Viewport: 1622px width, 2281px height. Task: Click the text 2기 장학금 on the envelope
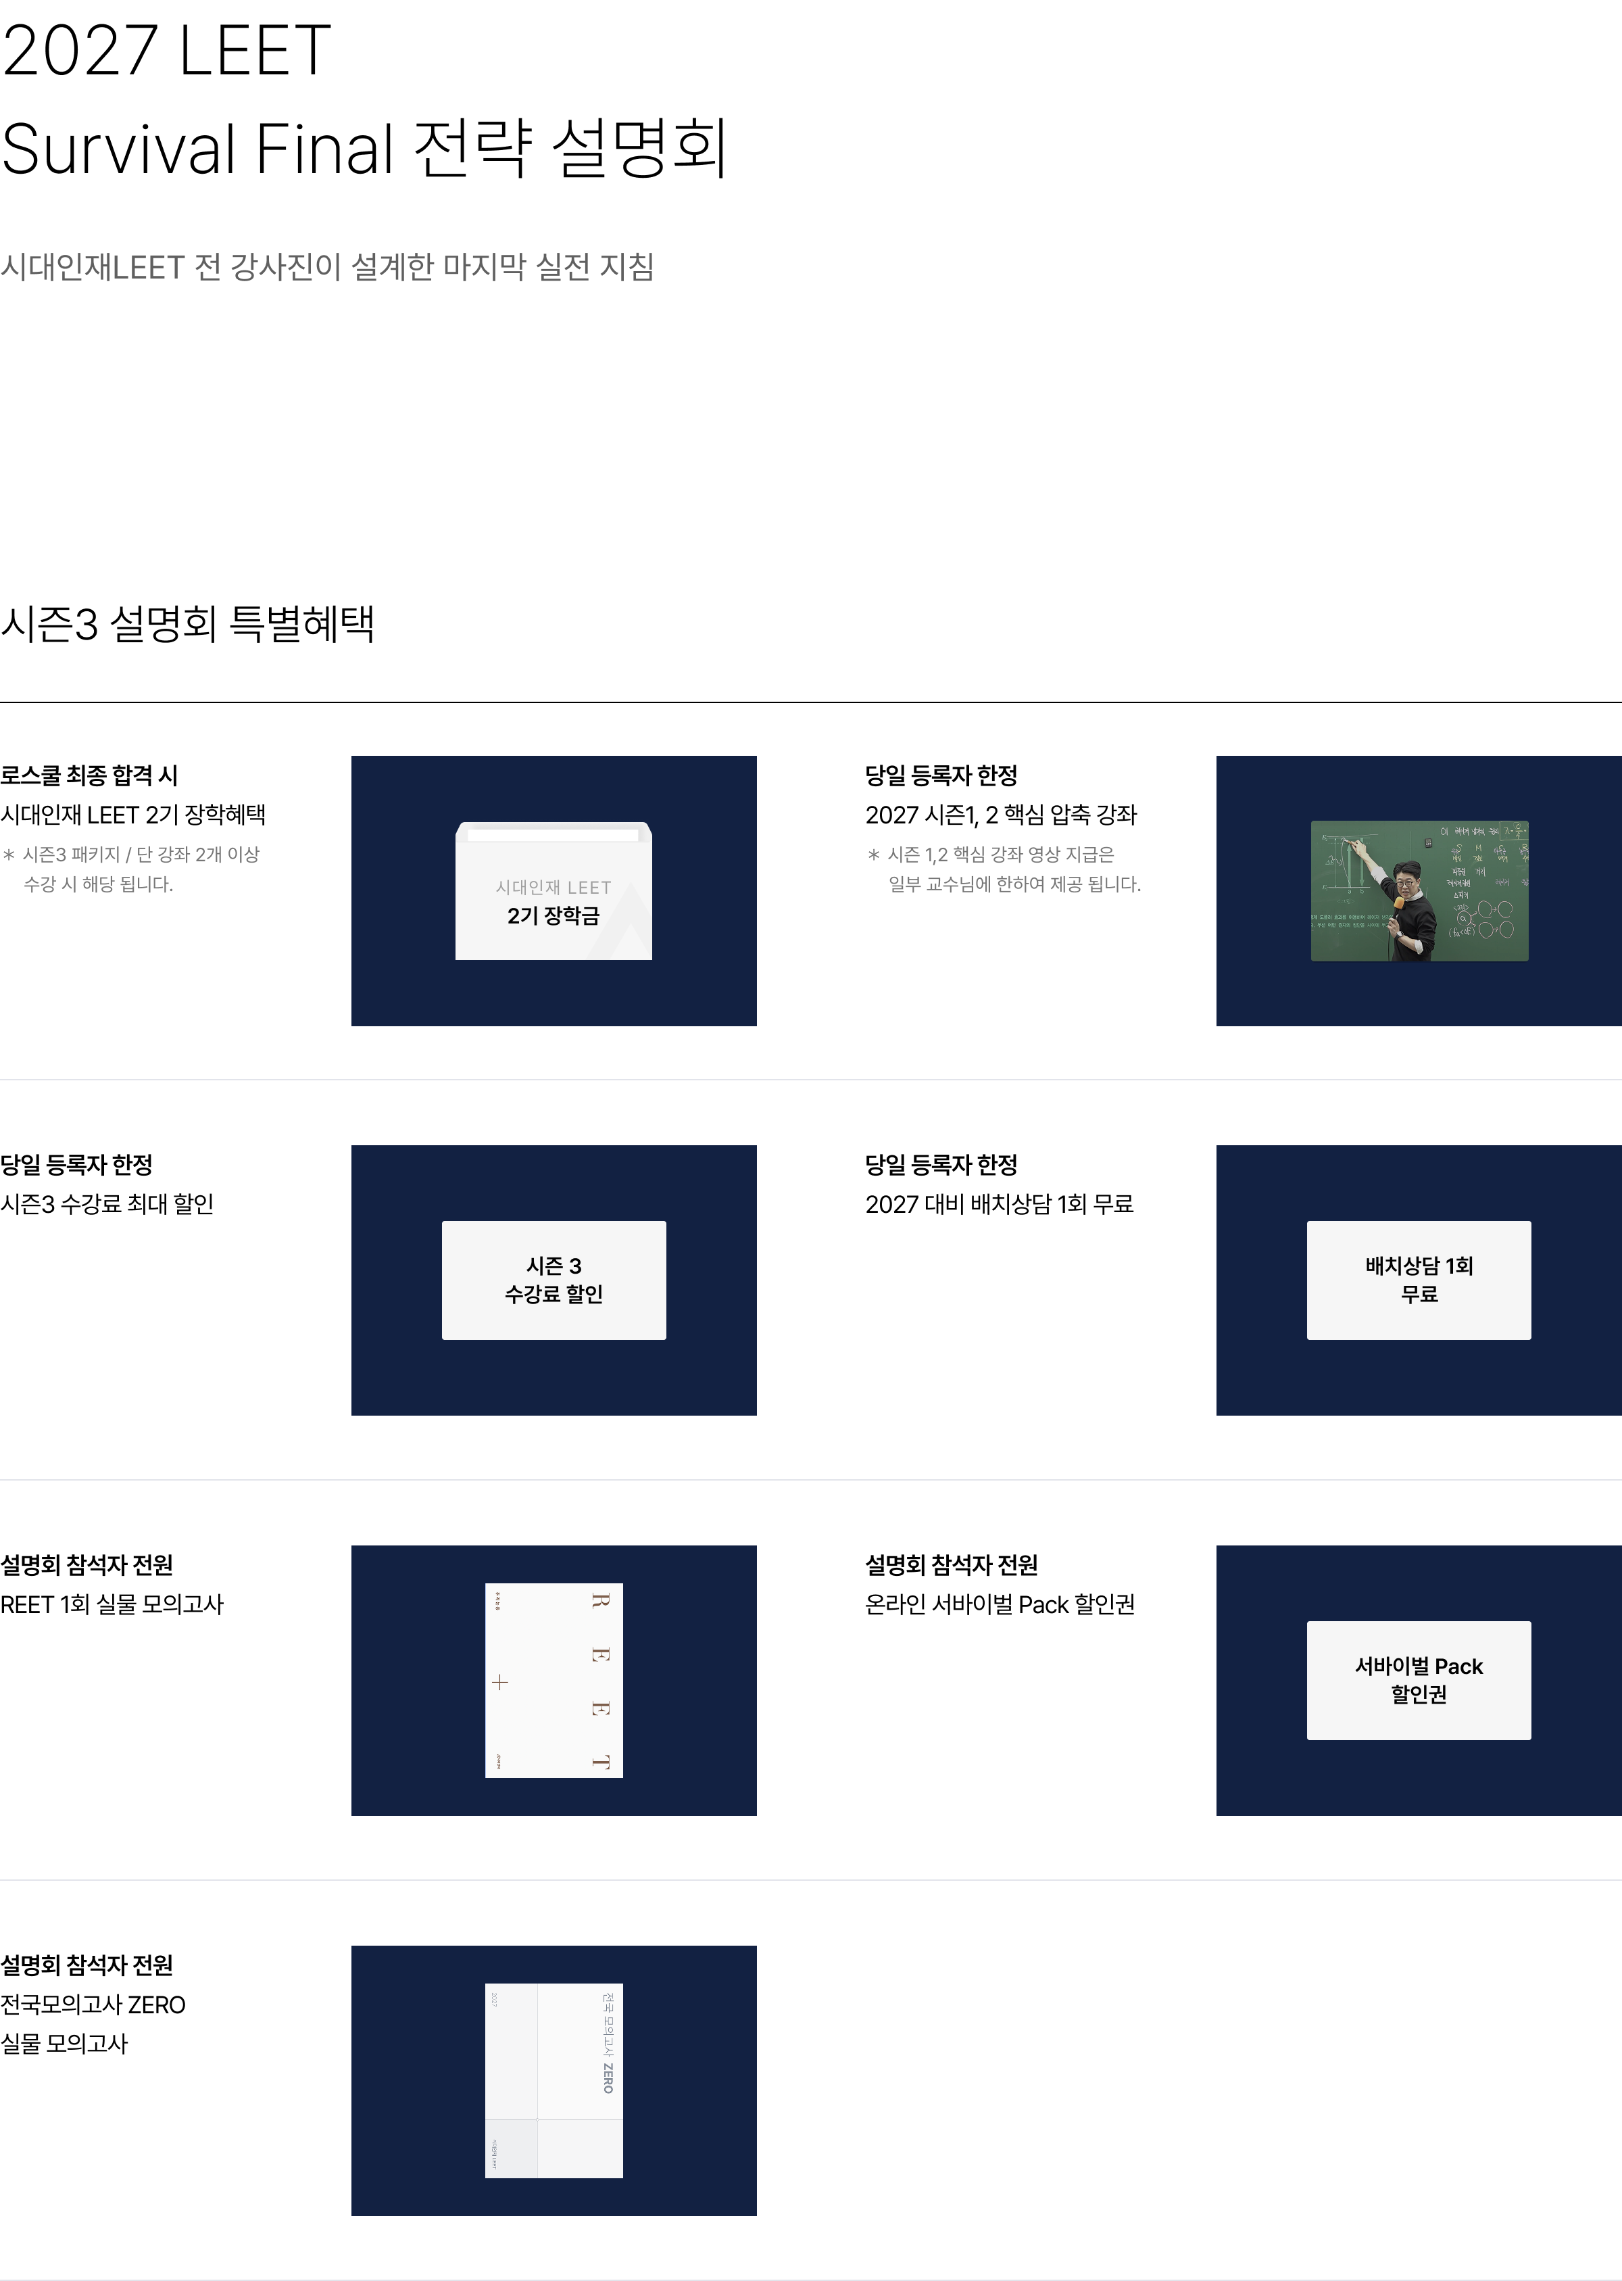click(554, 916)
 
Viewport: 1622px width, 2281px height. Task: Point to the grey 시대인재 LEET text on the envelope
click(554, 887)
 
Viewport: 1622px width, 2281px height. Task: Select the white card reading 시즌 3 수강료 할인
click(554, 1280)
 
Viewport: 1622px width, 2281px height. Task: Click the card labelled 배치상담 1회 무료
click(1419, 1280)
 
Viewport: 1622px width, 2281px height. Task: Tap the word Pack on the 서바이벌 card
click(1458, 1666)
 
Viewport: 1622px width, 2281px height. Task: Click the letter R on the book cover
click(599, 1601)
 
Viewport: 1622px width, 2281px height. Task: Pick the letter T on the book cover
click(599, 1762)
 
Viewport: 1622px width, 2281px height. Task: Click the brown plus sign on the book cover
click(500, 1683)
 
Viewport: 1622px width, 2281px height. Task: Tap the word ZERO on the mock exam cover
click(608, 2078)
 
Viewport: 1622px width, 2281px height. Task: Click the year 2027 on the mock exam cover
click(493, 2000)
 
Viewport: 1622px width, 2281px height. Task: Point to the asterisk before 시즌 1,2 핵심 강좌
click(874, 855)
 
